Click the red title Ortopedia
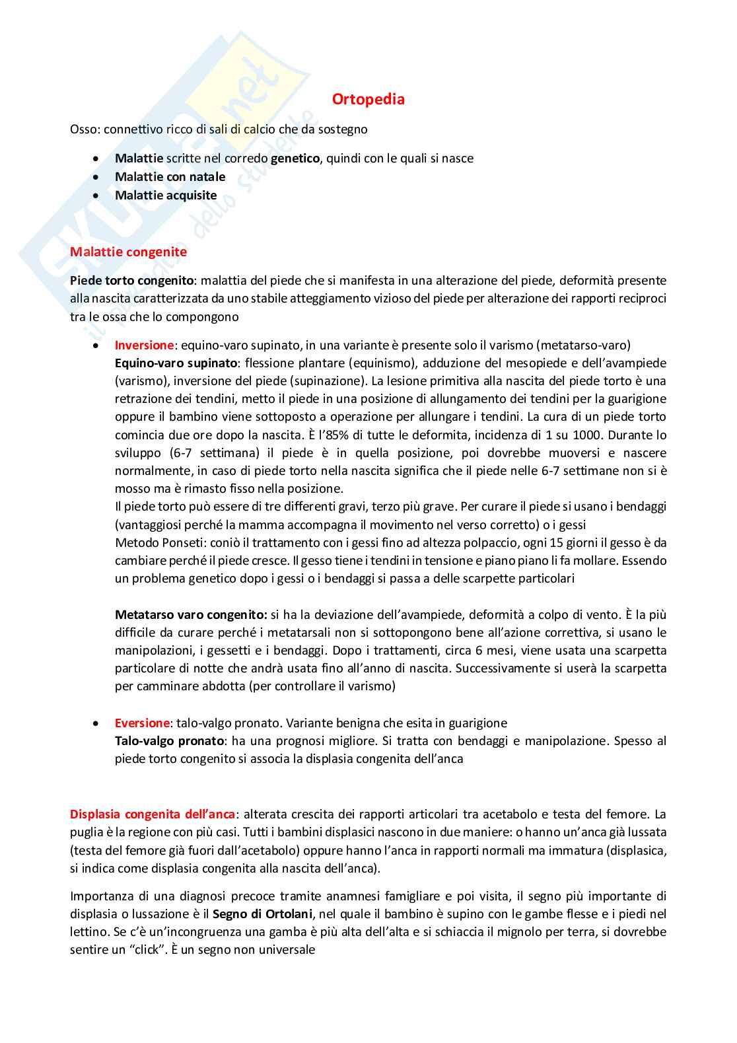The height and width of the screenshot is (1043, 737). coord(368,100)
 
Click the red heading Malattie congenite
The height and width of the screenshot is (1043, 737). coord(128,252)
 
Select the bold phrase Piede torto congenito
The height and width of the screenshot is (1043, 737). coord(132,280)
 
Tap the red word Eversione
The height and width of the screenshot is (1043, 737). coord(143,723)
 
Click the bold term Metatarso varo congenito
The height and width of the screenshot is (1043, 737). coord(191,614)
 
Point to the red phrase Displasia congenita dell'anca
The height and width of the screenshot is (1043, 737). coord(153,814)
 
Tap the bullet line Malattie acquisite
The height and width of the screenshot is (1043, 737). coord(166,195)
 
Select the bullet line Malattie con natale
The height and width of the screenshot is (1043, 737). coord(170,176)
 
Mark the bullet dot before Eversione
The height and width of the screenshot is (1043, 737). coord(97,723)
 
